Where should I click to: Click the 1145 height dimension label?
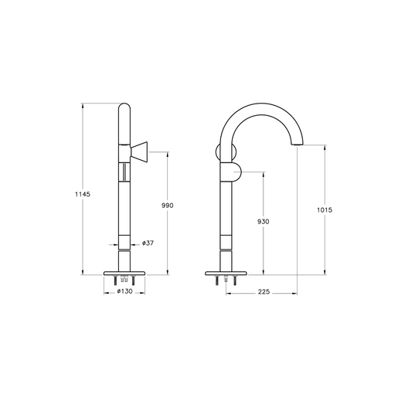pos(83,194)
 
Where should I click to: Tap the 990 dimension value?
pos(168,206)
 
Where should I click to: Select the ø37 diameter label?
pos(148,243)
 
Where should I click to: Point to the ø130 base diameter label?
pos(124,291)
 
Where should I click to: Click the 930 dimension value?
pos(263,221)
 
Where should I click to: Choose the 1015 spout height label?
pos(325,210)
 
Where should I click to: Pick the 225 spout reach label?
pos(264,291)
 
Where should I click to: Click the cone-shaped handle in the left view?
pos(139,152)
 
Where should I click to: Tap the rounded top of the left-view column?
pos(124,107)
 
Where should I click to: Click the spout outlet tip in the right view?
pos(297,144)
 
